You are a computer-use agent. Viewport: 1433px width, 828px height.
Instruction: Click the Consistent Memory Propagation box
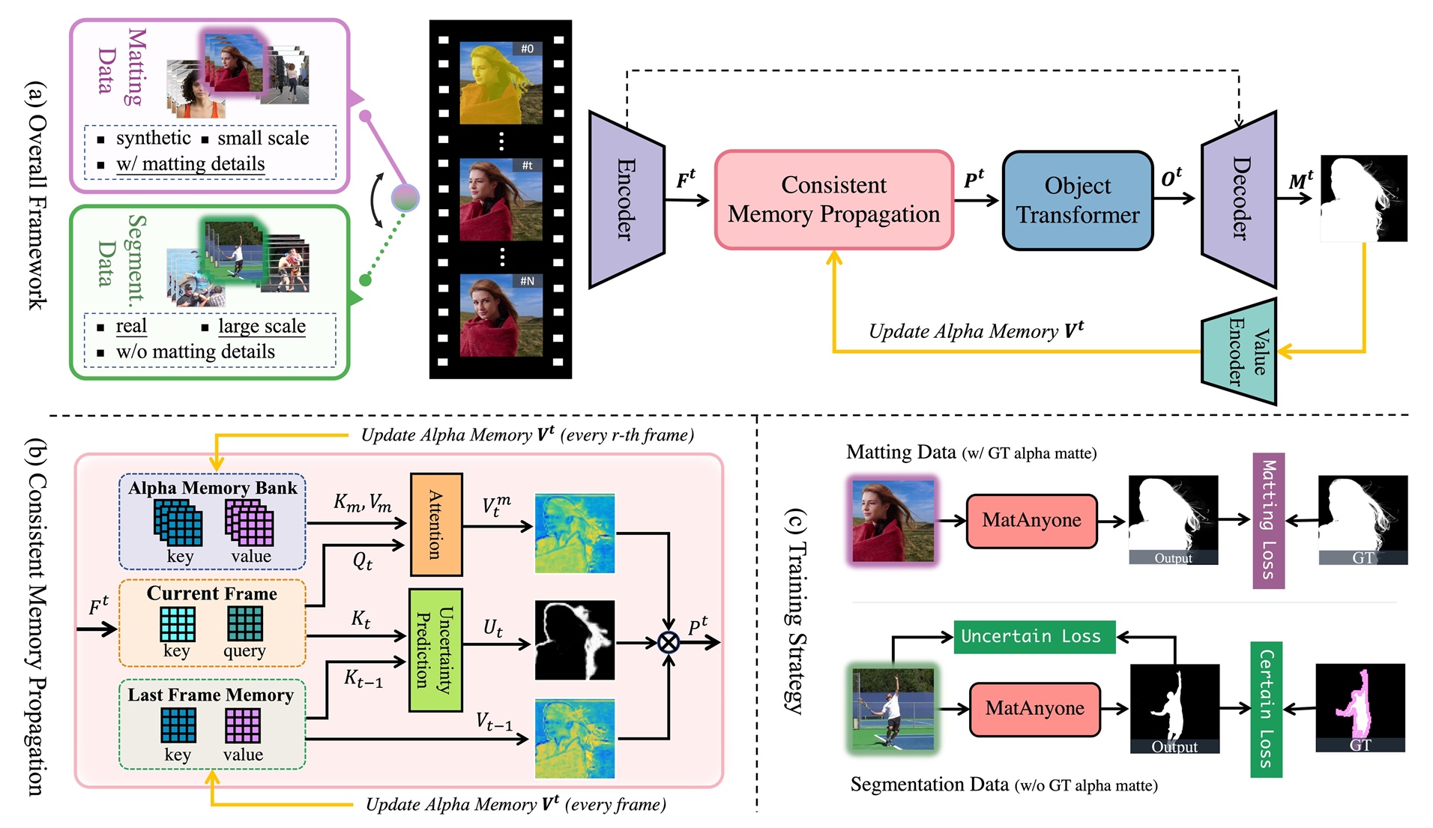click(833, 199)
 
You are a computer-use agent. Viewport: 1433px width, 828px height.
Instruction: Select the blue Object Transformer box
click(1077, 200)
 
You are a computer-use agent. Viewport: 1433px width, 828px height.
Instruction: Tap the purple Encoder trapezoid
click(626, 199)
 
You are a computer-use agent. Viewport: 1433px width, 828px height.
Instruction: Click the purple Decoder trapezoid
click(1240, 199)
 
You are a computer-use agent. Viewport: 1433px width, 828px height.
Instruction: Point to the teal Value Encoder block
click(1241, 351)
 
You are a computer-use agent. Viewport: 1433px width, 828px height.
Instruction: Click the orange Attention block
click(435, 524)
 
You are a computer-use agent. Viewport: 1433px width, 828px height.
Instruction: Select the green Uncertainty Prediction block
click(435, 649)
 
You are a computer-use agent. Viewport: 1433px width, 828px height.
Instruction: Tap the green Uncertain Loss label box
click(1034, 637)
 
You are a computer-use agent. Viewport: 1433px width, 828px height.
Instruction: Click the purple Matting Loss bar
click(1268, 520)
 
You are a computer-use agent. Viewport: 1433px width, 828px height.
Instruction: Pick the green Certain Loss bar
click(1266, 709)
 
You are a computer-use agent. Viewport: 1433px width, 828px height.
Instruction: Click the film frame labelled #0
click(501, 82)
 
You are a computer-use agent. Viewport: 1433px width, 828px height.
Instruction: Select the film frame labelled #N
click(501, 315)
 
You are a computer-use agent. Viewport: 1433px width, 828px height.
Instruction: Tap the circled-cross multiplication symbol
click(668, 642)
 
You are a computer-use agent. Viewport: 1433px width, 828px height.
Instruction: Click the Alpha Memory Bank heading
click(212, 488)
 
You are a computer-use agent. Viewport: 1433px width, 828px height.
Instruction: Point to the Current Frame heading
click(212, 593)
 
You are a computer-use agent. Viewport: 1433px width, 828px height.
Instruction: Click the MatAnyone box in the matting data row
click(1031, 521)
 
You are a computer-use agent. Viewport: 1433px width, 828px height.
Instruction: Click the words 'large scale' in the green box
click(262, 326)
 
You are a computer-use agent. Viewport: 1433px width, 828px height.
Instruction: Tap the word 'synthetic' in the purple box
click(154, 138)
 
